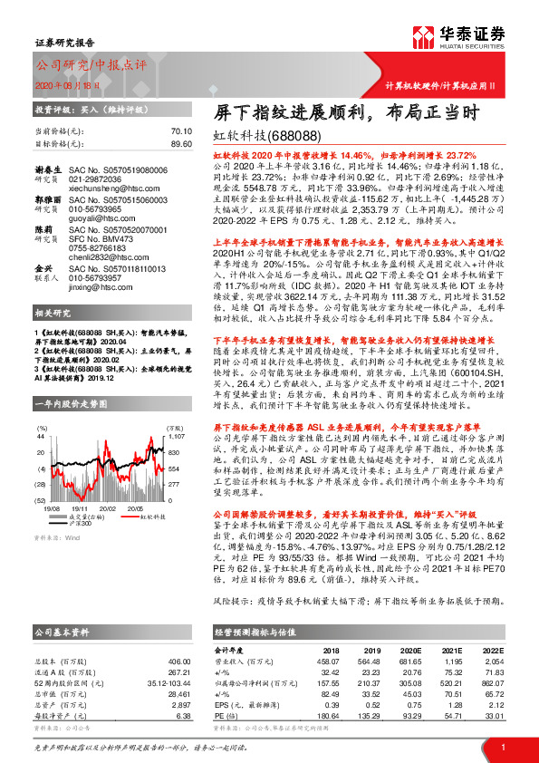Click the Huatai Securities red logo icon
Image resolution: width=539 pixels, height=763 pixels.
tap(422, 38)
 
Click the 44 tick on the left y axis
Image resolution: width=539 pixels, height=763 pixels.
tap(41, 436)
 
